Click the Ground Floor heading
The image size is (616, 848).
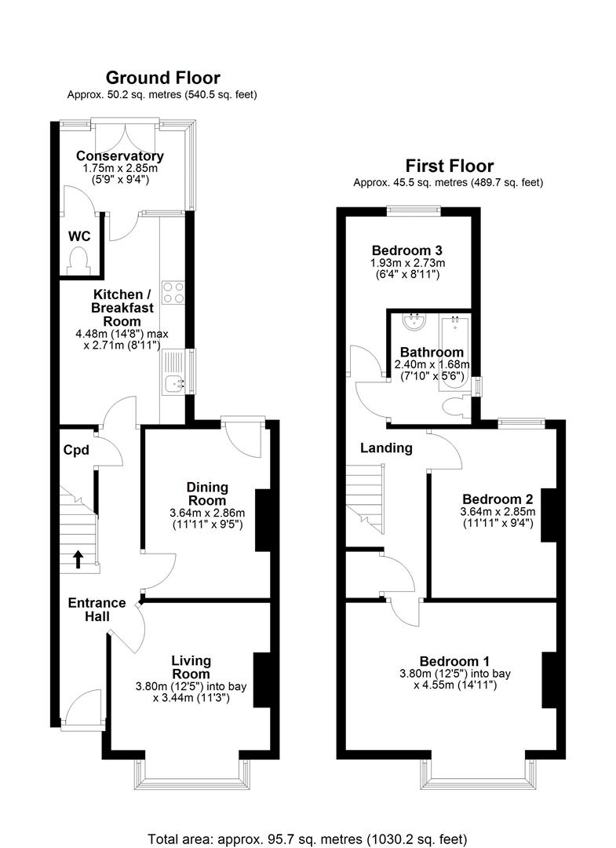pyautogui.click(x=162, y=78)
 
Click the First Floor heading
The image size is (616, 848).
pyautogui.click(x=449, y=166)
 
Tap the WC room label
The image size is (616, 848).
pyautogui.click(x=78, y=236)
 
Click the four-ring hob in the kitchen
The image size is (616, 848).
pyautogui.click(x=173, y=293)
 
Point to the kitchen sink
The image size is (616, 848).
pyautogui.click(x=173, y=384)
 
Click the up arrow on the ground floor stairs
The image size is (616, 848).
pyautogui.click(x=78, y=558)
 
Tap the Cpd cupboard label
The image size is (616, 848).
pyautogui.click(x=77, y=451)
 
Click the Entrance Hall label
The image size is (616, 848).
pyautogui.click(x=97, y=609)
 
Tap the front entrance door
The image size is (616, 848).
pyautogui.click(x=81, y=711)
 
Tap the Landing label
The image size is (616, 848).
pyautogui.click(x=386, y=448)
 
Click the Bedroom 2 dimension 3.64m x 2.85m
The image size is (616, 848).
pyautogui.click(x=498, y=512)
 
